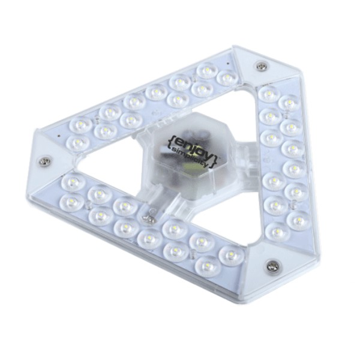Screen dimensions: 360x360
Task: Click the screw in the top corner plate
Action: pos(261,65)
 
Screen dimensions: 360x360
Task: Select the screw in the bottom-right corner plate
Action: pos(272,265)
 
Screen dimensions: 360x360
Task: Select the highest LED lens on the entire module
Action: pos(206,70)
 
